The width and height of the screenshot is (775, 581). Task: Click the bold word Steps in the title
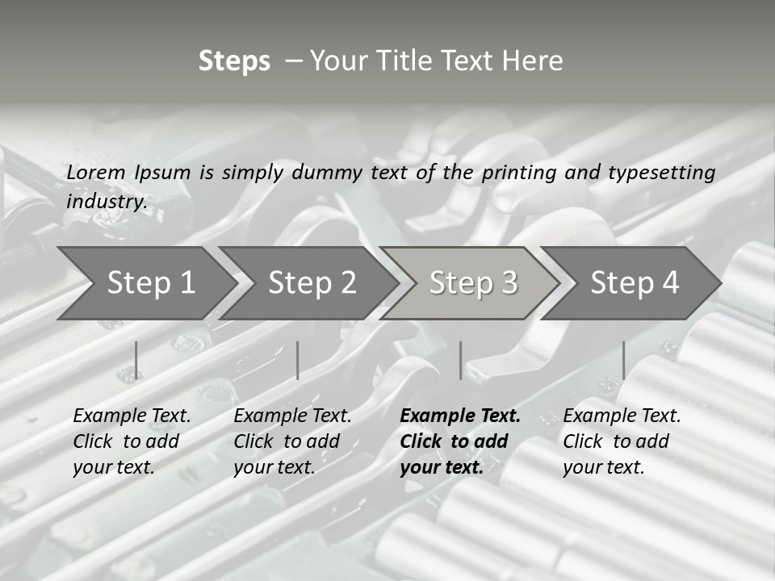pyautogui.click(x=234, y=61)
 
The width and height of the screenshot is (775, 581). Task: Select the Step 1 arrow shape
pyautogui.click(x=145, y=282)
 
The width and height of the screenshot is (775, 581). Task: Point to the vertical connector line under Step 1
pyautogui.click(x=136, y=360)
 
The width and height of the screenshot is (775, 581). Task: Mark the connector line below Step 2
pyautogui.click(x=298, y=360)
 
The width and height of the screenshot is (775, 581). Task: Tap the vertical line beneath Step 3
pyautogui.click(x=460, y=360)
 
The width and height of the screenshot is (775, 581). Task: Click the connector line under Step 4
pyautogui.click(x=623, y=360)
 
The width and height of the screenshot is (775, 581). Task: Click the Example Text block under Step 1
pyautogui.click(x=132, y=441)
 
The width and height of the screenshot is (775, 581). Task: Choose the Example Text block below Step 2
pyautogui.click(x=292, y=441)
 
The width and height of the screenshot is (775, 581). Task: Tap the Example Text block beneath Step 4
pyautogui.click(x=622, y=441)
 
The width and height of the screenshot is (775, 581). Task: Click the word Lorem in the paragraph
pyautogui.click(x=95, y=173)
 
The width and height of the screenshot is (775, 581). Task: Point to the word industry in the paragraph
pyautogui.click(x=106, y=202)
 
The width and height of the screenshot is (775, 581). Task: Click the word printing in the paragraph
pyautogui.click(x=517, y=173)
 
